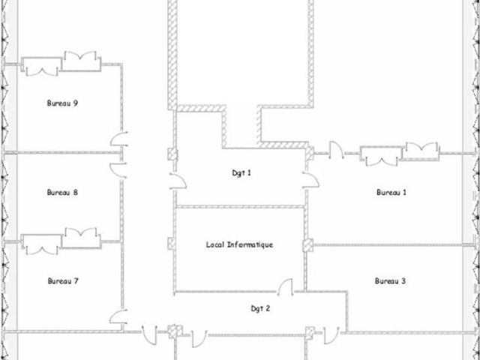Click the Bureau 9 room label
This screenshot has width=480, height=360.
tap(62, 103)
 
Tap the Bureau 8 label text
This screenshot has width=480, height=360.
tap(62, 193)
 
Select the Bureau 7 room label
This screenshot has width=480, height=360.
tap(63, 281)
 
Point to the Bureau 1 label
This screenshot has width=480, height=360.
tap(391, 193)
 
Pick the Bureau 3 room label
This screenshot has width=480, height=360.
tap(390, 281)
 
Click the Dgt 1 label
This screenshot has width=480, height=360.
tap(241, 173)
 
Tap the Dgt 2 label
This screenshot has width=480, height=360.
tap(260, 309)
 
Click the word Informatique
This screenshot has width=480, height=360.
tap(250, 245)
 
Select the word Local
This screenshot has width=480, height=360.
tap(215, 245)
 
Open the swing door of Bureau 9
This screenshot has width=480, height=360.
tap(119, 139)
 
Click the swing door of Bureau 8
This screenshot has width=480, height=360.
tap(118, 170)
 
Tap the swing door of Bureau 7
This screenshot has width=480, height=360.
tap(118, 316)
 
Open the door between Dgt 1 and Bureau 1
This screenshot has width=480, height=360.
tap(310, 180)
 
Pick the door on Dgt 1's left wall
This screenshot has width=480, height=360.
tap(178, 181)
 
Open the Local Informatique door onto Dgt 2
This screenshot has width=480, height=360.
tap(285, 287)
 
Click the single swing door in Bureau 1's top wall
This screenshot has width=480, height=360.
tap(336, 150)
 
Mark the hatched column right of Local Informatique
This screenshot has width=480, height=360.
tap(308, 245)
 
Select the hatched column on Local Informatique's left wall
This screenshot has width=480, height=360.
tap(172, 244)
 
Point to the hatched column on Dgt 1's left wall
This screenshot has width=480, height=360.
tap(172, 154)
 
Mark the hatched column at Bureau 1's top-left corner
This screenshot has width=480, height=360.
tap(310, 153)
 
